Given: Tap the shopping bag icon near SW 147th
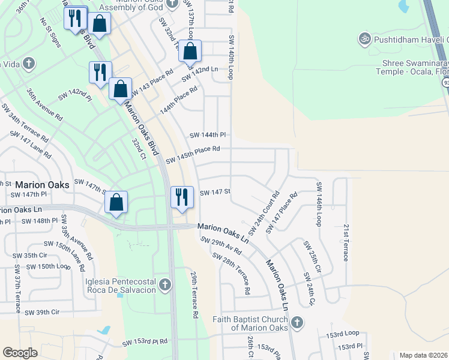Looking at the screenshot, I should (x=117, y=202).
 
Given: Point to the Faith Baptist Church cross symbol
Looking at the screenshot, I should (x=295, y=323).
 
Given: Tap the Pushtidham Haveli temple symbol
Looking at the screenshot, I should (x=363, y=40).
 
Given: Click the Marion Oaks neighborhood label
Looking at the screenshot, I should (x=43, y=185).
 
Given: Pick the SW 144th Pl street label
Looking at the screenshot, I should (x=207, y=135).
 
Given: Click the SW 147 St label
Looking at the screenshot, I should (x=215, y=193).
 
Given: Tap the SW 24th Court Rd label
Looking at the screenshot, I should (x=264, y=214).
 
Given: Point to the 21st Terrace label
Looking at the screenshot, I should (x=346, y=243).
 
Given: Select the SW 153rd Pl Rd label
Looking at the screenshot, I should (x=145, y=342).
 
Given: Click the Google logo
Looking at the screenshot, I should (x=20, y=352).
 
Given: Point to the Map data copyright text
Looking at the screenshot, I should (x=423, y=355).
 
